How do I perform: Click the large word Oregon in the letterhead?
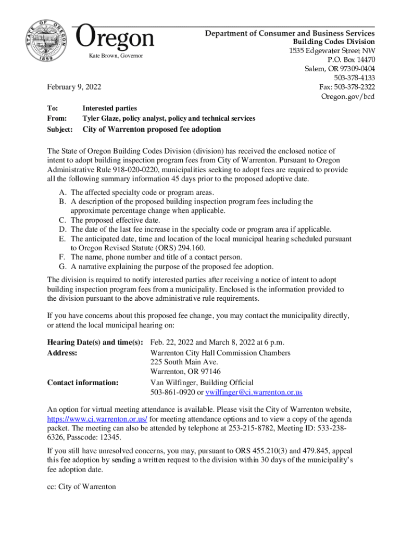[x=115, y=37]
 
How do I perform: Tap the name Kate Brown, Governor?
[x=116, y=56]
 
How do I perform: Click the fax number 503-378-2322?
[x=354, y=87]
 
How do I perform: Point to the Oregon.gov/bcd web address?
[x=348, y=97]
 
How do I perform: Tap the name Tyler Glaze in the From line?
[x=103, y=119]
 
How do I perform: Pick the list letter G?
[x=62, y=266]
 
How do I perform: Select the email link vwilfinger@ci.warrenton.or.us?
[x=254, y=392]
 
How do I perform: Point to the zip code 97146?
[x=208, y=372]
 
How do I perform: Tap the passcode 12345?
[x=110, y=437]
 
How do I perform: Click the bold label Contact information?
[x=83, y=383]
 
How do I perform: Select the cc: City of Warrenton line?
[x=81, y=487]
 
